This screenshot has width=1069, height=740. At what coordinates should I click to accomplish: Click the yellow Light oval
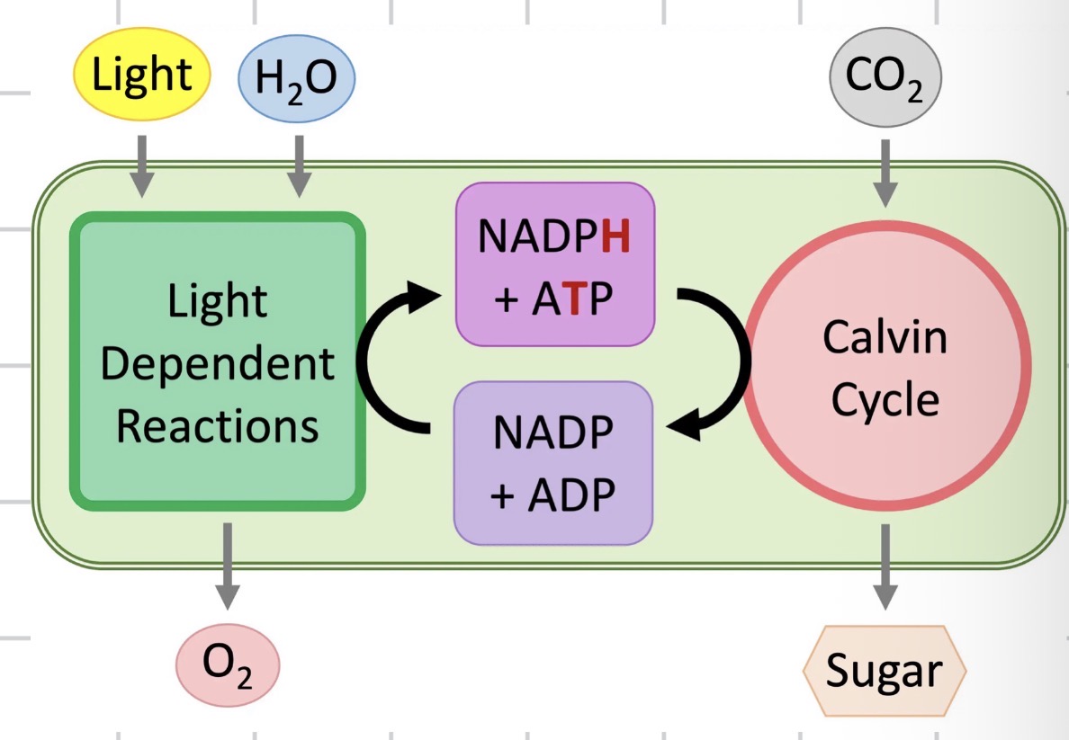(x=142, y=73)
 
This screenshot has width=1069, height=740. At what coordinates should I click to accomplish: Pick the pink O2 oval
(x=228, y=664)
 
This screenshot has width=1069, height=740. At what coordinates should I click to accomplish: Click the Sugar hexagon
(x=884, y=670)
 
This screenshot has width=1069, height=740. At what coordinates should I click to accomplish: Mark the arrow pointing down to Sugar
(x=885, y=566)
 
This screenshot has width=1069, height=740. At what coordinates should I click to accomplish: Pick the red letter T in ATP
(x=570, y=300)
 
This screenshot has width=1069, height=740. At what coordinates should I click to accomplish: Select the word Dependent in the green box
(x=217, y=365)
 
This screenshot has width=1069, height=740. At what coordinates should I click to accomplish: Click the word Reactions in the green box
(x=217, y=425)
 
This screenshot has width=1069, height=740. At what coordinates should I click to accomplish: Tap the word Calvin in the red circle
(x=885, y=337)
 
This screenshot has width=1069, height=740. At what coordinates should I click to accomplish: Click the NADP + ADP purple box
(x=552, y=463)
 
